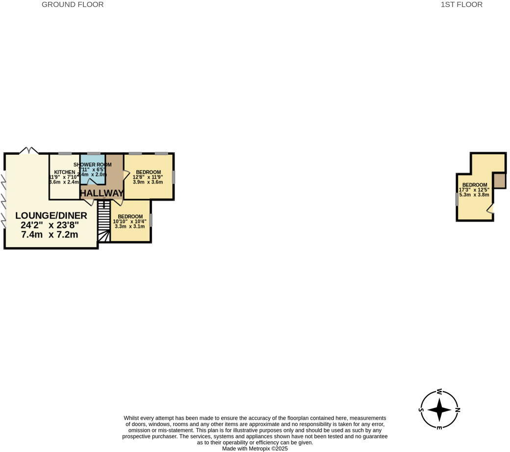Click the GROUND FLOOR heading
pyautogui.click(x=73, y=5)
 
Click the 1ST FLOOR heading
pyautogui.click(x=461, y=5)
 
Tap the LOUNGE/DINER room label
pyautogui.click(x=51, y=215)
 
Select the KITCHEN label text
pyautogui.click(x=65, y=172)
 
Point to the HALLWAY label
pyautogui.click(x=102, y=193)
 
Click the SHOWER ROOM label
pyautogui.click(x=93, y=165)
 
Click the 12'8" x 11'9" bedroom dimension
pyautogui.click(x=148, y=177)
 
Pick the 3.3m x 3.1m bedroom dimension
pyautogui.click(x=129, y=226)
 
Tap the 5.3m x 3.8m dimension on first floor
pyautogui.click(x=474, y=194)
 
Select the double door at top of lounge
pyautogui.click(x=28, y=151)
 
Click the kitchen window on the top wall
pyautogui.click(x=65, y=154)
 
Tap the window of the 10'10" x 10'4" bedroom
pyautogui.click(x=151, y=220)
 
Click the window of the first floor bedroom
pyautogui.click(x=457, y=199)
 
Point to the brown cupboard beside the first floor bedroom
pyautogui.click(x=499, y=180)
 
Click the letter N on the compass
pyautogui.click(x=458, y=409)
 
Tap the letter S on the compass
pyautogui.click(x=421, y=410)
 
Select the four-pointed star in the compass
pyautogui.click(x=439, y=409)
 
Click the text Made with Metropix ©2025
pyautogui.click(x=255, y=448)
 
